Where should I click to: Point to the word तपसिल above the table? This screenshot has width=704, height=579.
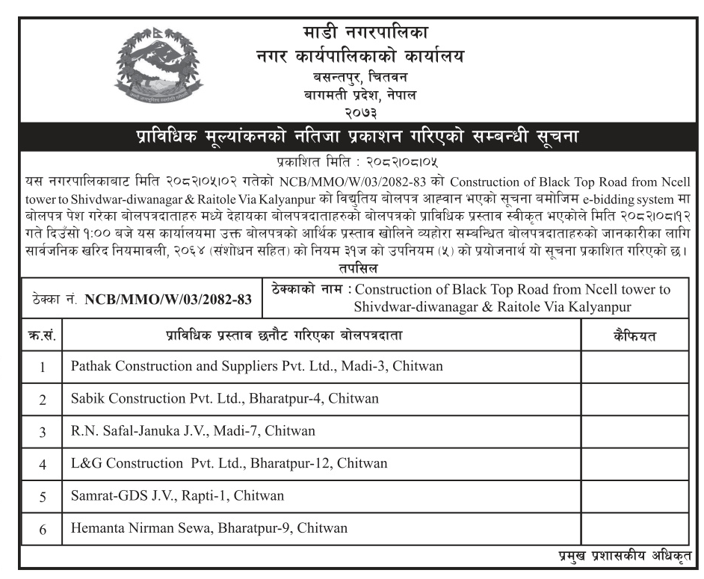352,267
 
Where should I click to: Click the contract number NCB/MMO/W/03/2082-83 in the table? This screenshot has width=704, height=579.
167,300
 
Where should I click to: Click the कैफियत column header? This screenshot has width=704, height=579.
634,336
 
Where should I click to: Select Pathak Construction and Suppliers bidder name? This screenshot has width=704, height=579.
257,366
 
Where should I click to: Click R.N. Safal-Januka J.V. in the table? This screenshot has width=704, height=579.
193,431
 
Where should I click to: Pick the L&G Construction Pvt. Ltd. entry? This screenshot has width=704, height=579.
229,463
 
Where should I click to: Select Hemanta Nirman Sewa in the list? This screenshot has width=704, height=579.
209,528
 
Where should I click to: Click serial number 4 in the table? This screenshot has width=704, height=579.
43,464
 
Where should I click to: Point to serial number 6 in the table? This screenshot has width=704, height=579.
43,529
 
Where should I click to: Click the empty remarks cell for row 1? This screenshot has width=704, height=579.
634,366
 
